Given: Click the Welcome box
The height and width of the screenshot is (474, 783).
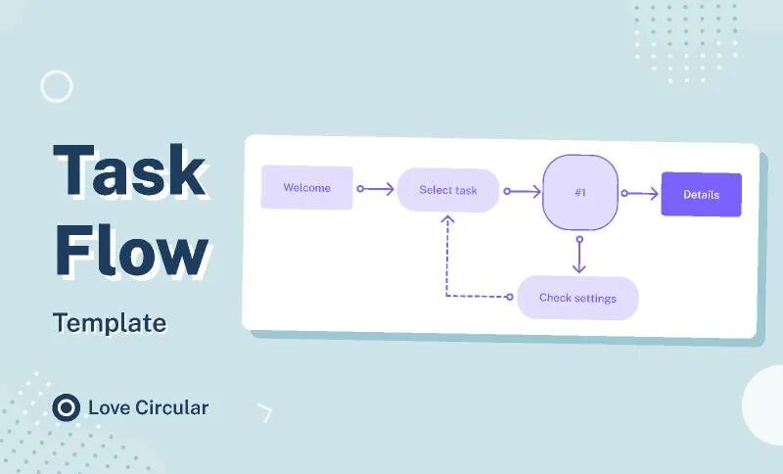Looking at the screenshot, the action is coord(306,187).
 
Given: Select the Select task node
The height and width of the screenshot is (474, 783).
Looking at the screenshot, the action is coord(448,190).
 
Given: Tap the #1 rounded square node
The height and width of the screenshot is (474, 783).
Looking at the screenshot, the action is coord(579,192).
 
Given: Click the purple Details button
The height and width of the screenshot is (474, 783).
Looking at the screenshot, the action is coord(701,194).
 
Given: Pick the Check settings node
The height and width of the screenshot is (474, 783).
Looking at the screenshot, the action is coord(577,298).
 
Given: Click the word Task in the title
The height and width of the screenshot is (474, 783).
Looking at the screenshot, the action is coord(129,170).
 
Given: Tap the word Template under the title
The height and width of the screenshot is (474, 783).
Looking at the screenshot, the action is coord(110,322).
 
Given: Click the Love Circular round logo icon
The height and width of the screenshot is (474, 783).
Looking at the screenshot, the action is coord(67,407).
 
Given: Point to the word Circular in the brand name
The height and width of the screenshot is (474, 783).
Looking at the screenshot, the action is coord(170,407).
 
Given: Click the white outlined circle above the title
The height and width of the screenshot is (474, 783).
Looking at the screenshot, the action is coord(57,86).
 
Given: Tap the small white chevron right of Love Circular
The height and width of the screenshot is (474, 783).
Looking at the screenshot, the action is coord(264,412).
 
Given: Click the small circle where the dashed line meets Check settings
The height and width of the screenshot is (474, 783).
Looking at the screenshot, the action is coord(509,297).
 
